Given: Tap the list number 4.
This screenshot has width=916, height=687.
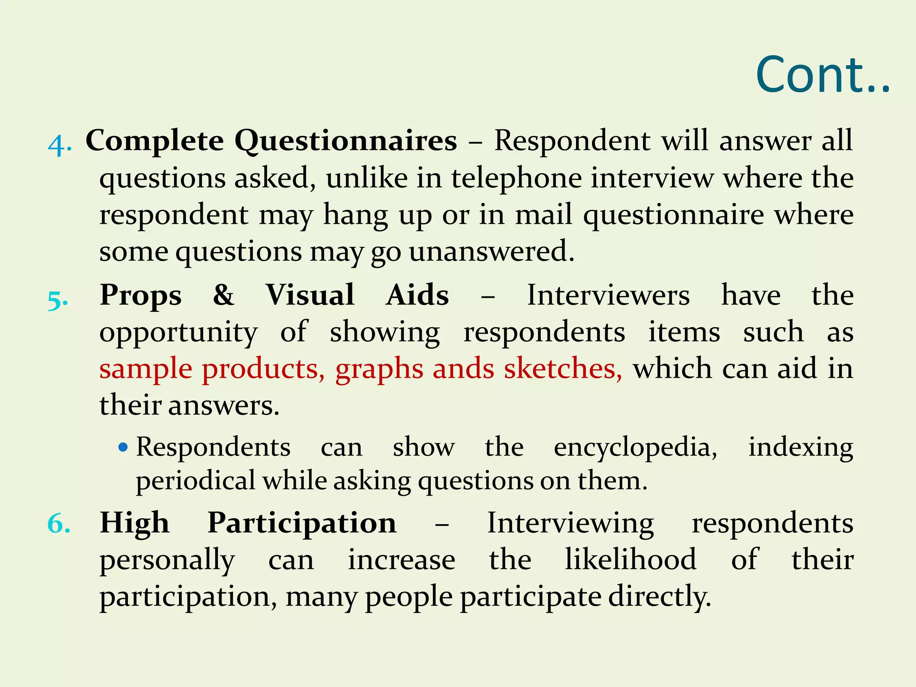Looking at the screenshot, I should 59,144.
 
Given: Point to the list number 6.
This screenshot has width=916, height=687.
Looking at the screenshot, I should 59,523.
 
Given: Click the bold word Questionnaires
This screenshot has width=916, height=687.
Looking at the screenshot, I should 346,141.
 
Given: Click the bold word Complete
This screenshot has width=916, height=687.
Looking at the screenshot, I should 155,141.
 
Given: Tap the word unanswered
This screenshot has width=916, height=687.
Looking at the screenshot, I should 491,251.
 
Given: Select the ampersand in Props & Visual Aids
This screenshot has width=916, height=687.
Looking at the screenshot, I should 223,295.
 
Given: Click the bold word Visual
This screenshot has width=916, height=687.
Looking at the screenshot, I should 310,295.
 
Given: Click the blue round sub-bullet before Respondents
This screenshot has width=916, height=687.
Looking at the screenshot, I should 123,447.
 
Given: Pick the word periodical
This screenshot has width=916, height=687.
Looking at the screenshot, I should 195,481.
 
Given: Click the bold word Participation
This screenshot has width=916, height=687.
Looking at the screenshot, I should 302,523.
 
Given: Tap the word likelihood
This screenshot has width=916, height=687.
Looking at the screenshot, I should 631,560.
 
